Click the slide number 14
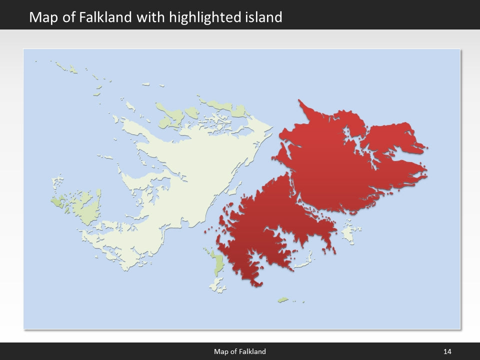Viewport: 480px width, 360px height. (447, 351)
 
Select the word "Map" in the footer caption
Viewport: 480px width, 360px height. (221, 351)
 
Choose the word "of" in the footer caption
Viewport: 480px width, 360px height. (233, 351)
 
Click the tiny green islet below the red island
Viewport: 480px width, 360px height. (283, 300)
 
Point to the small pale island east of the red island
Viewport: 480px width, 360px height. (348, 232)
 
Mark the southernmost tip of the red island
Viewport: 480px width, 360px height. (258, 285)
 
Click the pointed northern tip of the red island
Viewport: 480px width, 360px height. (299, 101)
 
